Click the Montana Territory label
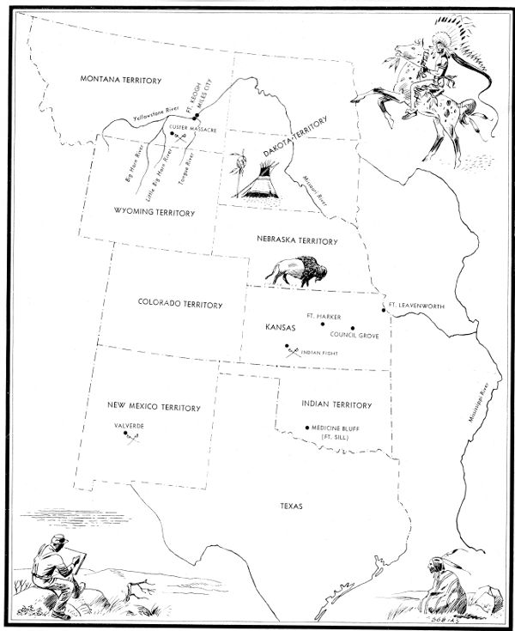point(121,80)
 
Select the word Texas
point(292,507)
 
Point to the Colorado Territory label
point(180,304)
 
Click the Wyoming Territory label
point(154,212)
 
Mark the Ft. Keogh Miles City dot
point(196,116)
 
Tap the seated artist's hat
point(58,540)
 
